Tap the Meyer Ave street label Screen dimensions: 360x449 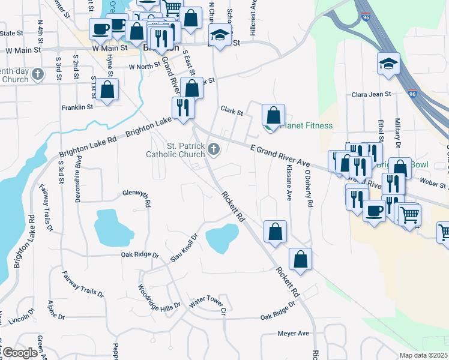click(x=293, y=333)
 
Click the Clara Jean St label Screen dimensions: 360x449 click(x=371, y=94)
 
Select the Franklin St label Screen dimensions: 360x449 click(x=77, y=107)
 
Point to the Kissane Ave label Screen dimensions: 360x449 click(x=289, y=183)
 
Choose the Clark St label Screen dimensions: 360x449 click(x=231, y=111)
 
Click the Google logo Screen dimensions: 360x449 click(x=20, y=353)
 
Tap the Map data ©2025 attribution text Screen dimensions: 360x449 click(x=423, y=355)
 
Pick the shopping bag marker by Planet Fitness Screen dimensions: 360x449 click(x=273, y=115)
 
